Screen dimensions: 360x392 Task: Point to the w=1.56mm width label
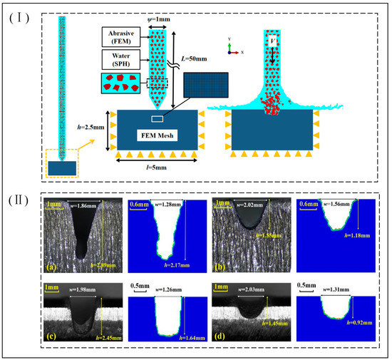click(x=333, y=204)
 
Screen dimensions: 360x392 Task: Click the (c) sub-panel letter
click(x=51, y=336)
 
